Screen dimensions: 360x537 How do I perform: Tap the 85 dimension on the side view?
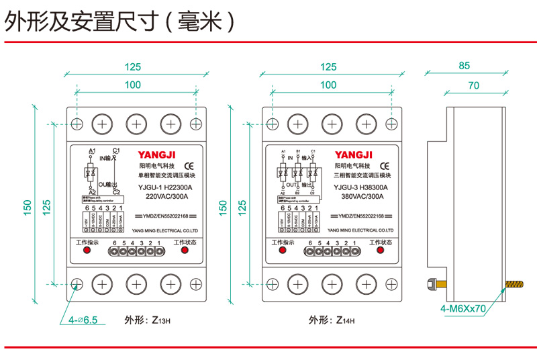pos(464,66)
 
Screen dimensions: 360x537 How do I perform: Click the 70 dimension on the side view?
pos(474,85)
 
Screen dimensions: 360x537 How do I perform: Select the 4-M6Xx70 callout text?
pos(462,309)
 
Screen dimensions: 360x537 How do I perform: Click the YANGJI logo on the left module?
pos(157,152)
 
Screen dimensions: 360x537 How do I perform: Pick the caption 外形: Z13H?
pos(148,320)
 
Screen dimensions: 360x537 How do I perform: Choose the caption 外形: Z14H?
pos(332,320)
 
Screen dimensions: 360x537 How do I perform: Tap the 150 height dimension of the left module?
pos(28,208)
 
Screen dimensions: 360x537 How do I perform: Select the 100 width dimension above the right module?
pos(328,85)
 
